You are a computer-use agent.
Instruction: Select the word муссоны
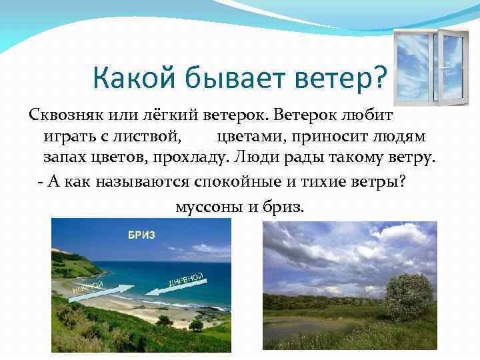pos(207,206)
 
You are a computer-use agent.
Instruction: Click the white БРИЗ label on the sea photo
pos(142,235)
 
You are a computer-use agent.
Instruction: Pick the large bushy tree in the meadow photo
pos(409,297)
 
